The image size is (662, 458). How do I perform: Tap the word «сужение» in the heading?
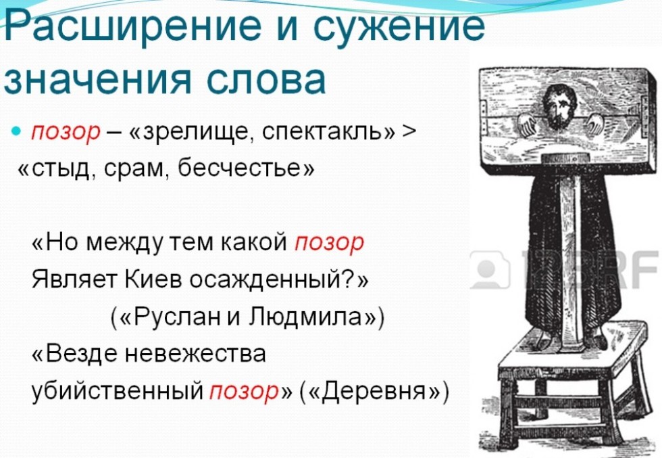pos(399,26)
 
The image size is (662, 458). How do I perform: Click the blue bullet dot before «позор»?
pos(16,131)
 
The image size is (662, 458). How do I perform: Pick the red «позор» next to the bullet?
pos(66,133)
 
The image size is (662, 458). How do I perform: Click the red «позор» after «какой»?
pos(328,243)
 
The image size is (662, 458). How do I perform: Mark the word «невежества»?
pos(196,354)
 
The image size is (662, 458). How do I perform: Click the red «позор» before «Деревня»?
pos(244,391)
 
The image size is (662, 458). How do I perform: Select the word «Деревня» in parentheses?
pos(376,391)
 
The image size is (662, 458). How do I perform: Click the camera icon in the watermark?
pos(490,269)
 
